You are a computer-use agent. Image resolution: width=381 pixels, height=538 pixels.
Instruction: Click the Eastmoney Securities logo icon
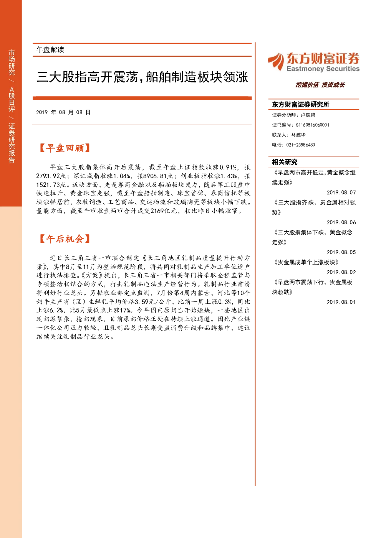276,62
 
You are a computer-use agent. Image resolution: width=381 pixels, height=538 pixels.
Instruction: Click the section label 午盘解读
50,50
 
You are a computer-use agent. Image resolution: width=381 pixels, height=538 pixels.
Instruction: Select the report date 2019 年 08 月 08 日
63,112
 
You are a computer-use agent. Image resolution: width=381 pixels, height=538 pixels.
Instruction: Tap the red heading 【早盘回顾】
65,148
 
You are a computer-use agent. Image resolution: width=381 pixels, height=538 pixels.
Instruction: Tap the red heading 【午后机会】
65,239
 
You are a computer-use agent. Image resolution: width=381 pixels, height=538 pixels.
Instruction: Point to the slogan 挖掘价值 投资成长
320,85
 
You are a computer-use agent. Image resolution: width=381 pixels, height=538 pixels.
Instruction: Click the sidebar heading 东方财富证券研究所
300,104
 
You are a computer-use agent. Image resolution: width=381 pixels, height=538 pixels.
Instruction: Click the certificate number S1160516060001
313,125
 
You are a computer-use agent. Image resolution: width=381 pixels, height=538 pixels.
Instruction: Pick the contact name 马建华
298,135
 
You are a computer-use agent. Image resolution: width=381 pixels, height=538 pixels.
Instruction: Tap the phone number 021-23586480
301,145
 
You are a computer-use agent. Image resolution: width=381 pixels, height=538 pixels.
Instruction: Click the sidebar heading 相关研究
285,162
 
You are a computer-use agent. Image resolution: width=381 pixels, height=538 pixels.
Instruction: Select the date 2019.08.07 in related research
341,192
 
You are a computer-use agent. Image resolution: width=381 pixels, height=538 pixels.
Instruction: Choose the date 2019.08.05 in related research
341,252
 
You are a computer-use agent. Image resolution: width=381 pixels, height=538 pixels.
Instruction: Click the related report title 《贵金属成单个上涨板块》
306,262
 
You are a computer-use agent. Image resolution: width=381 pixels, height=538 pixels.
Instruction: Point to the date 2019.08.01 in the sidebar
341,302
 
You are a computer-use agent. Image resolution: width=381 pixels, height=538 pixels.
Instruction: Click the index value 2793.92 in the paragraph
48,176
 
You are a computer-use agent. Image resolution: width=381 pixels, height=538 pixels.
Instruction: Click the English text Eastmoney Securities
323,69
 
